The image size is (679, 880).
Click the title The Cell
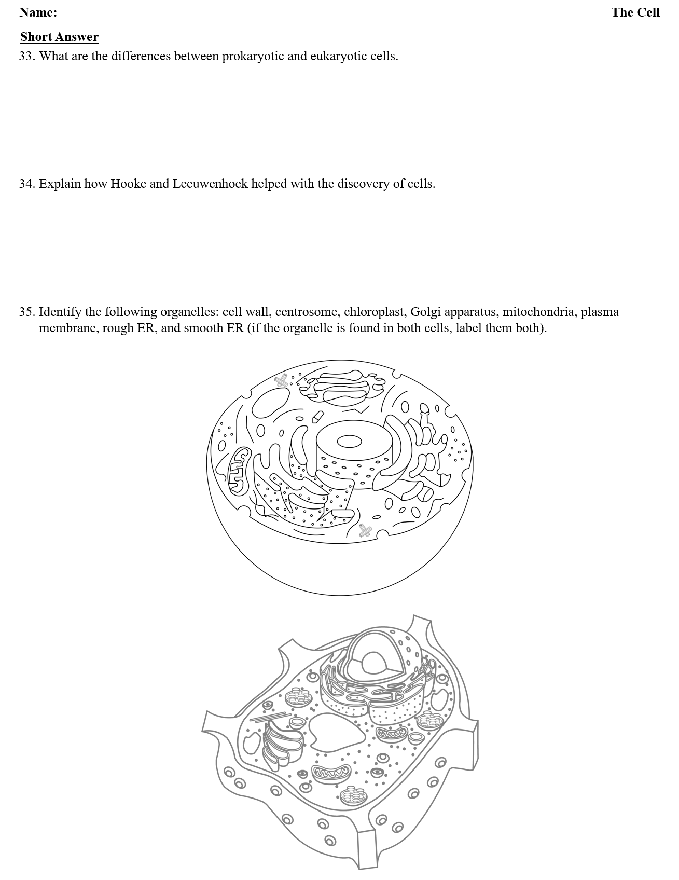tap(635, 12)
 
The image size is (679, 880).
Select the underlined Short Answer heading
tap(59, 37)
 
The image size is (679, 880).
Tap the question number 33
tap(26, 56)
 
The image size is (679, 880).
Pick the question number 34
tap(26, 184)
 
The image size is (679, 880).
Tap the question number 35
tap(26, 312)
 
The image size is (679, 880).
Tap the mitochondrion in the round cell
tap(240, 470)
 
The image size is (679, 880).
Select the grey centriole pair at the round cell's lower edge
tap(365, 530)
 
